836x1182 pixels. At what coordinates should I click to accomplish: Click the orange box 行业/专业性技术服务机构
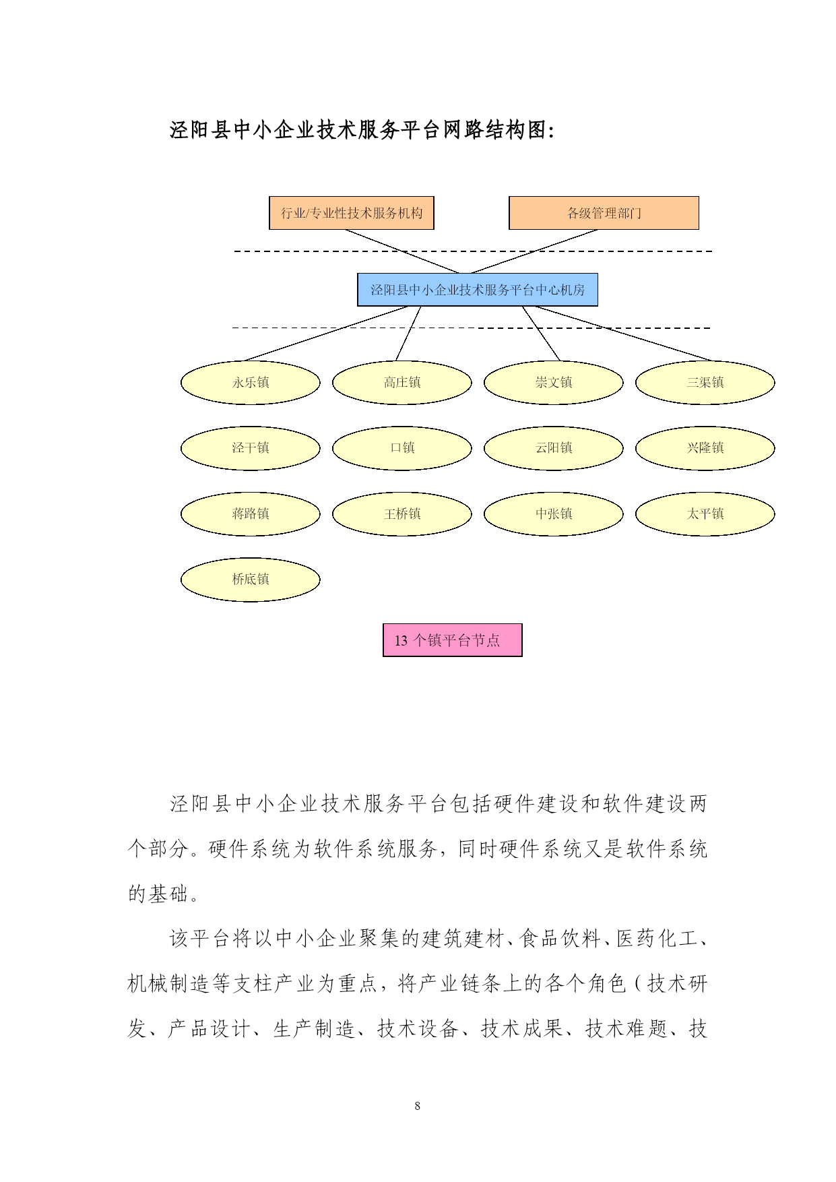coord(351,213)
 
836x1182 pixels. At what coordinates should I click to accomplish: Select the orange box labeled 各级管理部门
coord(604,213)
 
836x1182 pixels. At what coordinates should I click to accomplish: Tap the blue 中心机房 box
coord(478,290)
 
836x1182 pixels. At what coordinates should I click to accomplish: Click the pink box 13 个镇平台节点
coord(453,640)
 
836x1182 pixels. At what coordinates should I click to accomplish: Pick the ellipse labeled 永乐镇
coord(251,382)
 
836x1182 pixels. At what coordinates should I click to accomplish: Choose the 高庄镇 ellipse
coord(402,382)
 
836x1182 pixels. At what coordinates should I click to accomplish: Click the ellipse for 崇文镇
coord(554,382)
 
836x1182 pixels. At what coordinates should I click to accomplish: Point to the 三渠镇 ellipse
coord(705,382)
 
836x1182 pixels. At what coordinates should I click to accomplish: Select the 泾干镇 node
coord(251,448)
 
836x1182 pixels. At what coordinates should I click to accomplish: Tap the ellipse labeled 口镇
coord(402,448)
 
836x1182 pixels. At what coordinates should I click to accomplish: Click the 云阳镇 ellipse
coord(554,448)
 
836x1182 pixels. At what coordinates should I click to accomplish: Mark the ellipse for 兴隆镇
coord(705,448)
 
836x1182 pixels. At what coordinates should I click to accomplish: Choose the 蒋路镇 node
coord(251,514)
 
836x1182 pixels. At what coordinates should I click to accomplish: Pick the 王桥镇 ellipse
coord(402,514)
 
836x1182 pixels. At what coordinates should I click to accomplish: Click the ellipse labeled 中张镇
coord(554,514)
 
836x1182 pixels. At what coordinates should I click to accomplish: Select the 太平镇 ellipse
coord(705,514)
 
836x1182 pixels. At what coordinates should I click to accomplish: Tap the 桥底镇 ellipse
coord(251,580)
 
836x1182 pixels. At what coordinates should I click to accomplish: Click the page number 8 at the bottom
coord(418,1106)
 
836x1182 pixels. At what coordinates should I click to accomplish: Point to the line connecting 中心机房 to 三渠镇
coord(624,334)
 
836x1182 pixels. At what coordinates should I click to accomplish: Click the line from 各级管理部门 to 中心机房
coord(534,251)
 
